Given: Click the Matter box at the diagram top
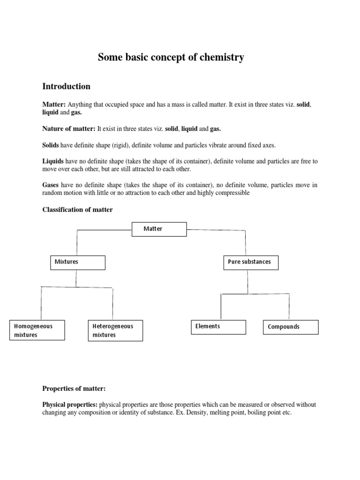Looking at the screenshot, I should (x=159, y=229).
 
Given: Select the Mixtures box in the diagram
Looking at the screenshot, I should (x=77, y=262).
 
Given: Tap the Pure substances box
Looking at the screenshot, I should (x=250, y=262).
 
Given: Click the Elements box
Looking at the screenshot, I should (x=218, y=327).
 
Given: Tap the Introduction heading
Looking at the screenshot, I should (x=66, y=86).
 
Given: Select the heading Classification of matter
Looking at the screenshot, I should (x=77, y=210).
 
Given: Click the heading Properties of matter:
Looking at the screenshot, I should (x=74, y=388).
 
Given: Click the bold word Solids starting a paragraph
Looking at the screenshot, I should (x=51, y=145).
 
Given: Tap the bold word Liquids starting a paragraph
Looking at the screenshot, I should (x=53, y=161).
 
